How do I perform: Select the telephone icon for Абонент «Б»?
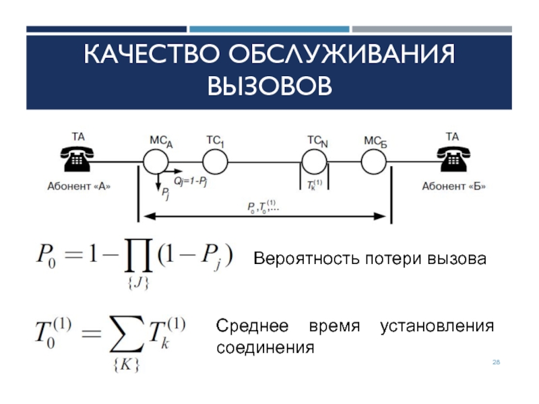[452, 159]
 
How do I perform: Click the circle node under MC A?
[156, 162]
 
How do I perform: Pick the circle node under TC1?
[216, 162]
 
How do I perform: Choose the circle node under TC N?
[314, 162]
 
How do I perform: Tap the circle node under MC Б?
[374, 162]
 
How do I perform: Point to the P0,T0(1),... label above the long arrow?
[264, 206]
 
